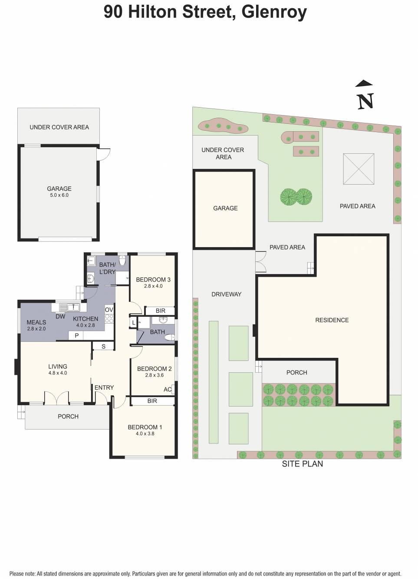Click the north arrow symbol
coord(365,96)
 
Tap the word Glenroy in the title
coord(274,12)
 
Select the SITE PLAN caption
coord(302,464)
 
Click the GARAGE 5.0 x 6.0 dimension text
coord(59,195)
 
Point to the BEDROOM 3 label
coord(153,280)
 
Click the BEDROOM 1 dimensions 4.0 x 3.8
coord(145,433)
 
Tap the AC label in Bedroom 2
coord(168,389)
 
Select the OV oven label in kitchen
coord(109,310)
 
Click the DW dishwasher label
coord(60,317)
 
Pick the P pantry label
coord(77,335)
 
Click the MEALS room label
coord(36,322)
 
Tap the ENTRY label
coord(104,387)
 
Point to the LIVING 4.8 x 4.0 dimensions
coord(58,373)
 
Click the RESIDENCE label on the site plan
coord(332,320)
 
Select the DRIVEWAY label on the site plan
coord(227,294)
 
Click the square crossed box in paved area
coord(359,169)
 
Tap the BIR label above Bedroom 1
coord(152,401)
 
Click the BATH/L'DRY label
coord(107,268)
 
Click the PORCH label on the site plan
coord(297,373)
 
